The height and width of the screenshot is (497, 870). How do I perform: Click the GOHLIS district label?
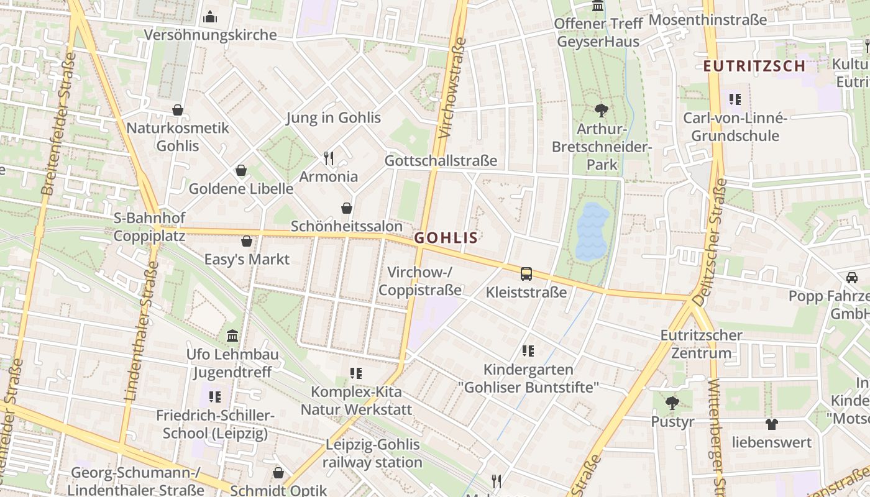pos(446,238)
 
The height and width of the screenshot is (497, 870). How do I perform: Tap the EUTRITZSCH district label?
pos(754,66)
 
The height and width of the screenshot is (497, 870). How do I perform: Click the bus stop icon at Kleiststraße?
pos(526,273)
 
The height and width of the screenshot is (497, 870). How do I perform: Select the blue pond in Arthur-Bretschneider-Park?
pos(592,230)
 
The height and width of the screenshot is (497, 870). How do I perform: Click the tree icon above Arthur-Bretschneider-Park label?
pos(601,111)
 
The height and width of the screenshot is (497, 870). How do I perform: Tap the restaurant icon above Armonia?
pos(329,158)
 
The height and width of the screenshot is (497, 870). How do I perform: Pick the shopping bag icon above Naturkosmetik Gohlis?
pos(178,110)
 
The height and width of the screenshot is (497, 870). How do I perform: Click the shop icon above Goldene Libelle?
pos(241,170)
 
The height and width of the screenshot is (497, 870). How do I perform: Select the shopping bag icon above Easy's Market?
pos(247,241)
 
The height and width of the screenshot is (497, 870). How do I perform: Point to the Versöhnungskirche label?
pos(210,35)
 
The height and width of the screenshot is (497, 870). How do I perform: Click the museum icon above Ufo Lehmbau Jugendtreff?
pos(232,336)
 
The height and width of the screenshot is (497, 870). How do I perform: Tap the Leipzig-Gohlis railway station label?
pos(372,454)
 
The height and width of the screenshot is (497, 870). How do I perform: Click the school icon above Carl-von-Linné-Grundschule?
pos(735,99)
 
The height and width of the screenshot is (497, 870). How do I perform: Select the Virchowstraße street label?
pos(452,88)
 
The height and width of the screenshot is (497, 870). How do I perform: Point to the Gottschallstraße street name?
pos(441,160)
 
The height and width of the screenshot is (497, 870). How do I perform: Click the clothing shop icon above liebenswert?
pos(771,424)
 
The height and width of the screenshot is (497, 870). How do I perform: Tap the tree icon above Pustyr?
pos(672,403)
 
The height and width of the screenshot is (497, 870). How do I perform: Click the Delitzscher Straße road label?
pos(709,242)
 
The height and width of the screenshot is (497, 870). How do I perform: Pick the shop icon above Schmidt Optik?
pos(278,473)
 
